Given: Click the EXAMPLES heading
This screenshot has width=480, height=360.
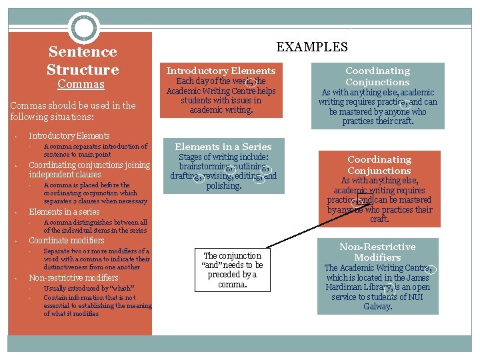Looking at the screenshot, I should tap(312, 47).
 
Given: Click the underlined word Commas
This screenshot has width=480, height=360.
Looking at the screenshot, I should tap(81, 85).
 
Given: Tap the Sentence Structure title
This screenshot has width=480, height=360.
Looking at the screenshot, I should tap(83, 61).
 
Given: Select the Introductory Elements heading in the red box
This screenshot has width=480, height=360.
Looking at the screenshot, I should tap(221, 71).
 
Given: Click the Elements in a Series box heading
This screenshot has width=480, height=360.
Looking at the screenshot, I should tap(223, 147).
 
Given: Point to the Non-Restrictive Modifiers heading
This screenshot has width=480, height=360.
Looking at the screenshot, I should tap(377, 252).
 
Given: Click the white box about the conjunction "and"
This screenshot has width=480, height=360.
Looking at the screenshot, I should tap(232, 269).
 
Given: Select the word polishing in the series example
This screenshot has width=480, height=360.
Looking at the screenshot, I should tap(224, 186).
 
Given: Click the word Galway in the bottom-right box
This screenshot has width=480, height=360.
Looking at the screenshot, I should tap(377, 307).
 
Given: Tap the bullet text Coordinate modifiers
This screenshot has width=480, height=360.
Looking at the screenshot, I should tap(67, 240).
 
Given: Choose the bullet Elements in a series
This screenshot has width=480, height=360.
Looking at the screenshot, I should tap(64, 211).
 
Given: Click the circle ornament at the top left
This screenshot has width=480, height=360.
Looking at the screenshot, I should tap(85, 29).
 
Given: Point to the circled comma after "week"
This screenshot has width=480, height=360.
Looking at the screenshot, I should tap(251, 83).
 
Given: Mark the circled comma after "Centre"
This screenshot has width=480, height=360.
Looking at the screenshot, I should tap(430, 270).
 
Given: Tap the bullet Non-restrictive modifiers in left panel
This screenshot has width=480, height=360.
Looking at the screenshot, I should tap(73, 277).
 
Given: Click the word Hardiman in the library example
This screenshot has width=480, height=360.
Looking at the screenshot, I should tap(345, 287).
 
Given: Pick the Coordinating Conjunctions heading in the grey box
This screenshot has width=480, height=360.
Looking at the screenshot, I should tap(377, 76).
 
